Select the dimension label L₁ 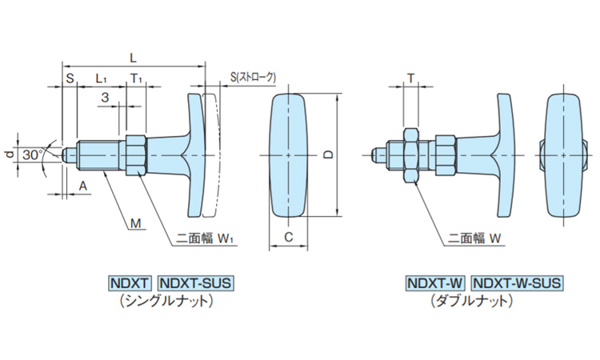coord(102,78)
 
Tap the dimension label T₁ coord(136,78)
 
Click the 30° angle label coord(33,152)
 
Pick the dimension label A coord(82,185)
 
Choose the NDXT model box coord(130,283)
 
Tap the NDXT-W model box coord(435,283)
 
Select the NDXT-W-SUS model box coord(517,283)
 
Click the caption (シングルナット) coord(164,301)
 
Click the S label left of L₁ coord(69,78)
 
